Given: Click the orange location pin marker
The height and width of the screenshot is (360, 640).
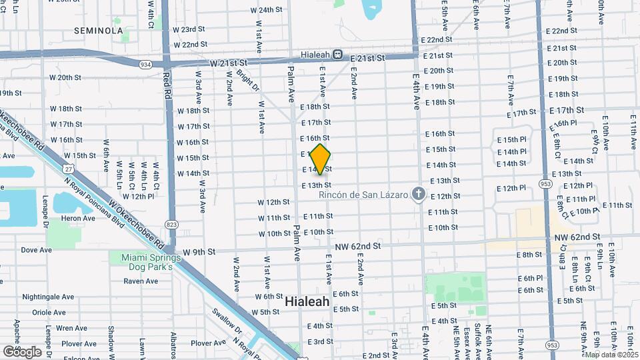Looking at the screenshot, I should [321, 159].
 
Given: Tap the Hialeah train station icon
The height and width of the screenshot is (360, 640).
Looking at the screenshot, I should [338, 54].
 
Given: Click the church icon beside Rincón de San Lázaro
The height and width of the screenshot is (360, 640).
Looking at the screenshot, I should [418, 193].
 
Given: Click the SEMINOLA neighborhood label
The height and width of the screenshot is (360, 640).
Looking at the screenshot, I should [99, 31].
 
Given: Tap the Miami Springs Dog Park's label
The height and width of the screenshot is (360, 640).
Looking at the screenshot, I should [147, 262].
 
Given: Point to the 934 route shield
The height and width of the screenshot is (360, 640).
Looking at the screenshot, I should [145, 65].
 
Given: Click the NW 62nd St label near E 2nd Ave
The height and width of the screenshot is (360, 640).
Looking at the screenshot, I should [359, 246].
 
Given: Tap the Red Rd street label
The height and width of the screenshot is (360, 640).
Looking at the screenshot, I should [167, 86].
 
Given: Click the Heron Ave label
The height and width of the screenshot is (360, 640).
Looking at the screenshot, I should [77, 219].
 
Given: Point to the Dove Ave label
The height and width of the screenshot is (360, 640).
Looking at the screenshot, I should [36, 250].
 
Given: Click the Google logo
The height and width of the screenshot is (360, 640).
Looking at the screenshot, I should [22, 351].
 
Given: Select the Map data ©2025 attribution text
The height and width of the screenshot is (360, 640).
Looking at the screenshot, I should [611, 355].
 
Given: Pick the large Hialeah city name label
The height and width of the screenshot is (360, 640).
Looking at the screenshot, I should [307, 301].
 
